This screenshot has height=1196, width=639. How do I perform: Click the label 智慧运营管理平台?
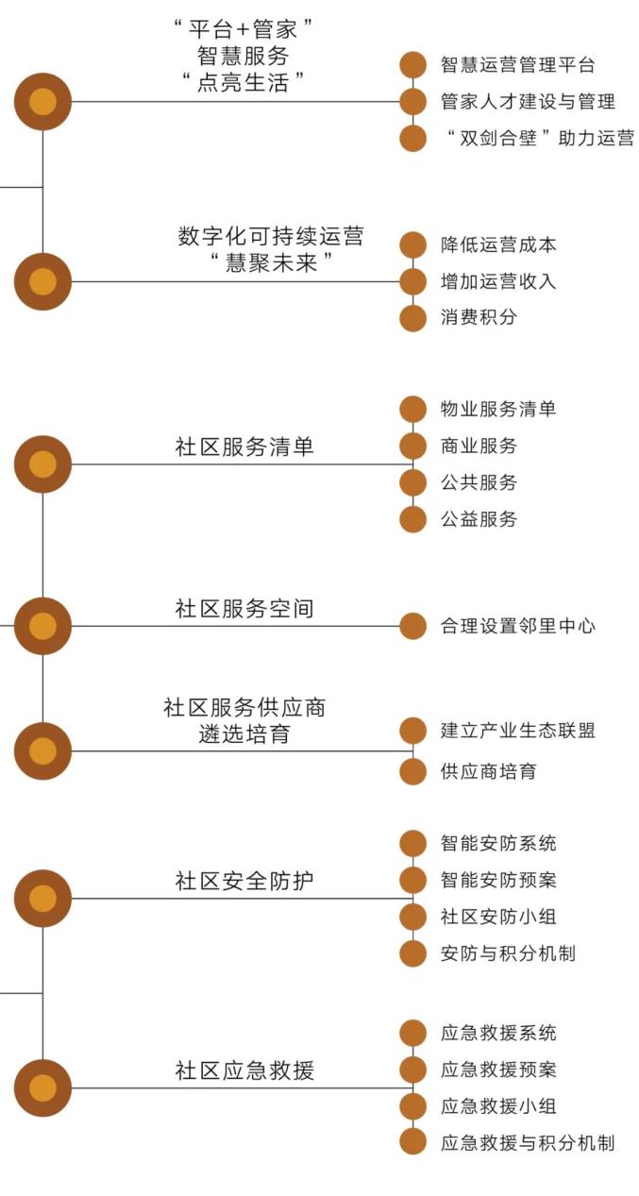pyautogui.click(x=517, y=65)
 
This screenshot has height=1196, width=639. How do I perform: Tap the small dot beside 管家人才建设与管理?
pyautogui.click(x=412, y=101)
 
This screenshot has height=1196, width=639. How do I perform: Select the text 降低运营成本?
pyautogui.click(x=498, y=245)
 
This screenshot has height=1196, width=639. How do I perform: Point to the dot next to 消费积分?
pyautogui.click(x=412, y=318)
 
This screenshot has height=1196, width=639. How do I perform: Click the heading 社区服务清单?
pyautogui.click(x=244, y=446)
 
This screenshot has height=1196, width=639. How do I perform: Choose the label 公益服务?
pyautogui.click(x=479, y=519)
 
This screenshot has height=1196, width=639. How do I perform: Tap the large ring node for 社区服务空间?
pyautogui.click(x=42, y=626)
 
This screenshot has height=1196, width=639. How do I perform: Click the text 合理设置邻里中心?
pyautogui.click(x=517, y=626)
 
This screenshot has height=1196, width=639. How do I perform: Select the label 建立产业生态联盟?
pyautogui.click(x=517, y=731)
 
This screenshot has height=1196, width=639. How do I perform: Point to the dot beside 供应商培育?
pyautogui.click(x=412, y=771)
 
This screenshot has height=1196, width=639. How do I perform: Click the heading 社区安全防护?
pyautogui.click(x=244, y=881)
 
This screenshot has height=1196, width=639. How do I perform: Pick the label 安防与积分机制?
pyautogui.click(x=508, y=953)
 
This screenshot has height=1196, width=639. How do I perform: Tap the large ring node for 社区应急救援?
pyautogui.click(x=42, y=1088)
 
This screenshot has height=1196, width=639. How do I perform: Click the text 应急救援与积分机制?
pyautogui.click(x=528, y=1142)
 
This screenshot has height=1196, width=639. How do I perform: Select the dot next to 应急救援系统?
pyautogui.click(x=412, y=1033)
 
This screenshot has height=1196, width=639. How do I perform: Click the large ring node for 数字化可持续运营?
pyautogui.click(x=42, y=281)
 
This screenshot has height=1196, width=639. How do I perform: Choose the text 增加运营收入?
pyautogui.click(x=498, y=281)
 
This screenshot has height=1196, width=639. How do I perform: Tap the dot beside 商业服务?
pyautogui.click(x=412, y=446)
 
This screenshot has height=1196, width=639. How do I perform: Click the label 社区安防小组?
pyautogui.click(x=498, y=917)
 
